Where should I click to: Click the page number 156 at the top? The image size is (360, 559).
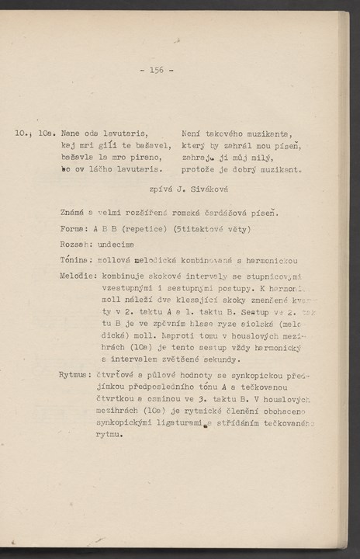157,70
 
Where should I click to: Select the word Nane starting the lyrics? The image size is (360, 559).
71,136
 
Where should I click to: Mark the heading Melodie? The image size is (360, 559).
78,276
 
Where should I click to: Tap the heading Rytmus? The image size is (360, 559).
75,375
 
